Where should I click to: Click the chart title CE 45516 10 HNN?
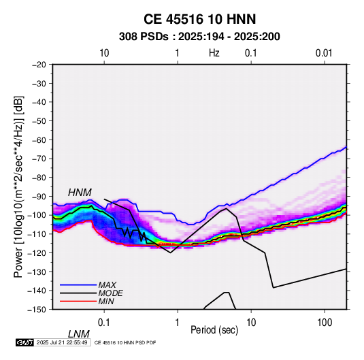pos(199,19)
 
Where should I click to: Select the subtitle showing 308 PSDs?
pos(199,37)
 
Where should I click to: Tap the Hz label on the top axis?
pos(214,53)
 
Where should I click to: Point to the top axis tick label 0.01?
pos(324,53)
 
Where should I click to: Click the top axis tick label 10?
pos(104,53)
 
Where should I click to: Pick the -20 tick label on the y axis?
pos(39,65)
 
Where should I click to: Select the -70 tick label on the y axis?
pos(39,159)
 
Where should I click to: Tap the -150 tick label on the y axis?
pos(37,310)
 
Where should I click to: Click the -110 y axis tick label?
pos(37,234)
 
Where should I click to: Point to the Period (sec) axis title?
pos(214,330)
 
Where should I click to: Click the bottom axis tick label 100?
pos(325,323)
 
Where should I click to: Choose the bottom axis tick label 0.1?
pos(103,323)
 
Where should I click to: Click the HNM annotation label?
pos(80,193)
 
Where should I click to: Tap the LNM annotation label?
pos(79,334)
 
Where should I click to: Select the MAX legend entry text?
pos(107,284)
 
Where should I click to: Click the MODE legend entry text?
pos(110,293)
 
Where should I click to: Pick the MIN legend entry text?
pos(106,301)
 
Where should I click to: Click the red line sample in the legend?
pos(78,301)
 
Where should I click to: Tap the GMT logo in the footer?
pos(24,342)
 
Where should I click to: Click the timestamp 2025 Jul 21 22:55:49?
pos(62,342)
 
